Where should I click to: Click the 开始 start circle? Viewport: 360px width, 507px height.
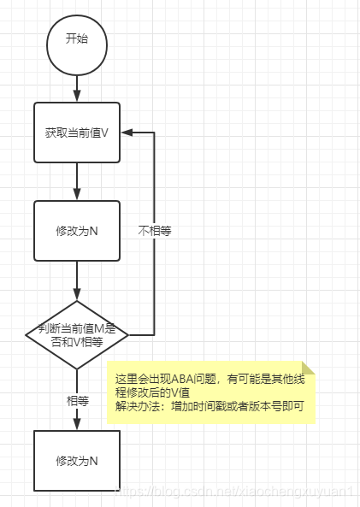pyautogui.click(x=77, y=39)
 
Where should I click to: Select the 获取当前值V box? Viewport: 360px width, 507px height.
pyautogui.click(x=77, y=133)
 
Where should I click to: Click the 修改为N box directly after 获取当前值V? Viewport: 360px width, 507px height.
pyautogui.click(x=77, y=231)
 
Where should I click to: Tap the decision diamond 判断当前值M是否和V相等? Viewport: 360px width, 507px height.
pyautogui.click(x=77, y=334)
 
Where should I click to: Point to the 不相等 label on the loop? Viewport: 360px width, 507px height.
pyautogui.click(x=154, y=231)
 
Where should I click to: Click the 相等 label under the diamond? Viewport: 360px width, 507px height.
pyautogui.click(x=78, y=399)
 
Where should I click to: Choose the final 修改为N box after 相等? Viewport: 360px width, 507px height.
pyautogui.click(x=77, y=461)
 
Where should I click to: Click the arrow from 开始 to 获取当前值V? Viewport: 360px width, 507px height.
pyautogui.click(x=77, y=87)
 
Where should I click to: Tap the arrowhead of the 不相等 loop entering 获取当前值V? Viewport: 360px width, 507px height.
pyautogui.click(x=126, y=133)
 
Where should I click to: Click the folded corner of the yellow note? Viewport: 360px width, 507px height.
pyautogui.click(x=309, y=368)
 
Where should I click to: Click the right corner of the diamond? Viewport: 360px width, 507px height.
pyautogui.click(x=129, y=334)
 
